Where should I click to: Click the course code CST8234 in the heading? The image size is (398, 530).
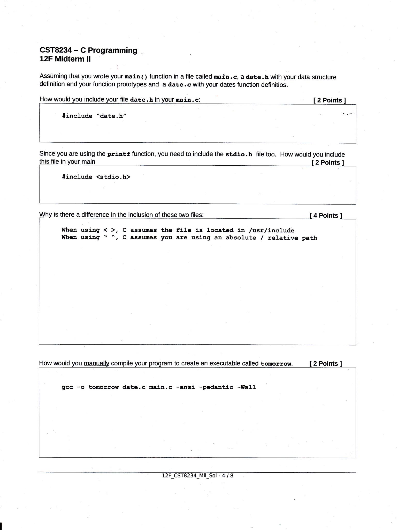click(56, 50)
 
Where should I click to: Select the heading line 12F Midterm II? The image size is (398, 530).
click(65, 59)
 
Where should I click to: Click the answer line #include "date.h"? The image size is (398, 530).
click(94, 116)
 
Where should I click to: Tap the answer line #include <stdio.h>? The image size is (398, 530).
click(96, 177)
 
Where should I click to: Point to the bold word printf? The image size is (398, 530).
click(119, 154)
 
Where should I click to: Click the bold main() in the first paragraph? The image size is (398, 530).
click(136, 77)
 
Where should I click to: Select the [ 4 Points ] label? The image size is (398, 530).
click(326, 216)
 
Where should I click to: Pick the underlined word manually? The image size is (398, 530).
click(96, 363)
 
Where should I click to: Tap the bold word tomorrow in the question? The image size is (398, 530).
click(276, 364)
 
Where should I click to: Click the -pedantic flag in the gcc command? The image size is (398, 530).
click(216, 387)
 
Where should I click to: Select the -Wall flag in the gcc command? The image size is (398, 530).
click(246, 387)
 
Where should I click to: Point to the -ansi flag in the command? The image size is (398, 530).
click(185, 387)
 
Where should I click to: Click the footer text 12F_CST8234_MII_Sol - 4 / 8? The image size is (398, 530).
click(197, 475)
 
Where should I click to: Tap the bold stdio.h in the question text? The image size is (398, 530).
click(239, 155)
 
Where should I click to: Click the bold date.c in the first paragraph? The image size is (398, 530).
click(179, 85)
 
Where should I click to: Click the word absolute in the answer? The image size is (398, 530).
click(241, 238)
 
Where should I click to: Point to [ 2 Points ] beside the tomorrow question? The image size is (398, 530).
click(326, 364)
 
